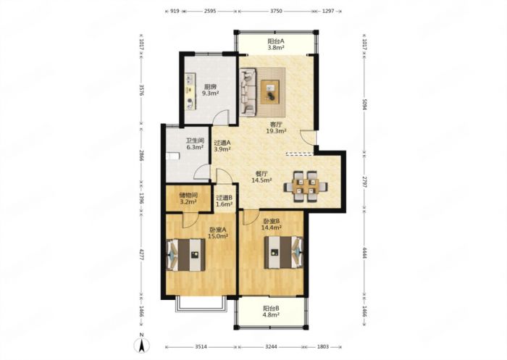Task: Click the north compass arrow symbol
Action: [142, 346]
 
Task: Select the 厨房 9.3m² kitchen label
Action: [211, 90]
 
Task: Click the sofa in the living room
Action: [248, 91]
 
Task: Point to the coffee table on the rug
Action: [270, 92]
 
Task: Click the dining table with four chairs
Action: [306, 187]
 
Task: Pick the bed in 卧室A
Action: [185, 254]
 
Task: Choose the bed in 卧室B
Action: [284, 252]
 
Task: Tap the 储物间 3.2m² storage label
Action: [188, 198]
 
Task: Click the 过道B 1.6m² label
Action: [225, 201]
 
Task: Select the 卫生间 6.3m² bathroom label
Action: [195, 144]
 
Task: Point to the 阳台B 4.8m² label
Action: [271, 311]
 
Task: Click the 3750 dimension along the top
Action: [276, 11]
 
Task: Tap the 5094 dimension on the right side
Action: [364, 104]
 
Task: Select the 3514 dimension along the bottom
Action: [201, 347]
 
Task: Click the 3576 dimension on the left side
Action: [141, 91]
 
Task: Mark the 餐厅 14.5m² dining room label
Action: [261, 177]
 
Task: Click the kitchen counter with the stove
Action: [190, 91]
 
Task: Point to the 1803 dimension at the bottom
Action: [323, 347]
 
